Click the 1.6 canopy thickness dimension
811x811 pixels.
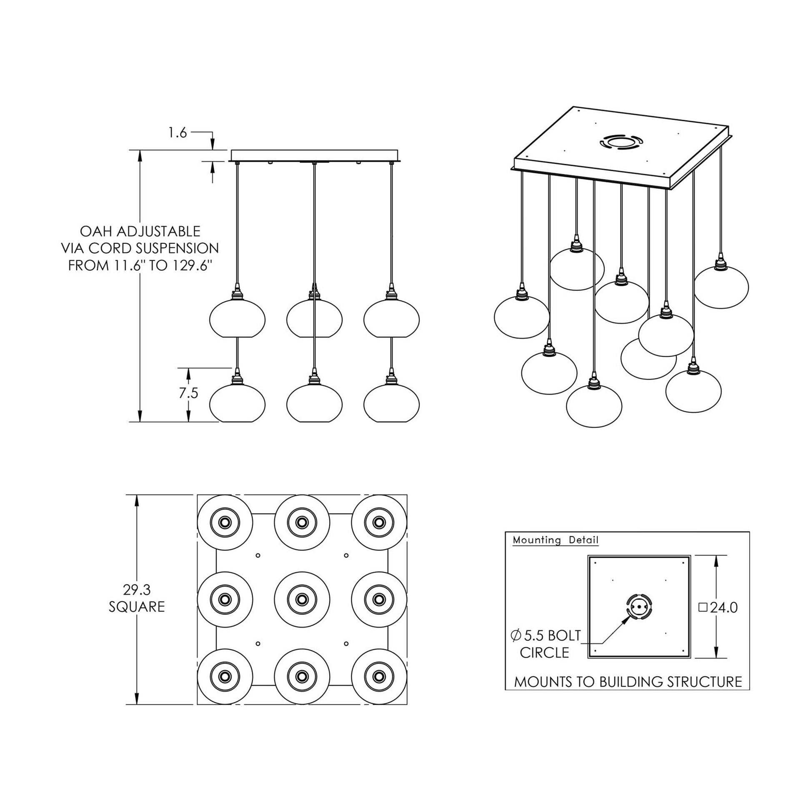pyautogui.click(x=177, y=133)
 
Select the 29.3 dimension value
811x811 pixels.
pyautogui.click(x=137, y=590)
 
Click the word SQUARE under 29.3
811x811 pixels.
pyautogui.click(x=137, y=607)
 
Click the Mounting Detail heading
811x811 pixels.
pyautogui.click(x=556, y=540)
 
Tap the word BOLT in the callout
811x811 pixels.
pyautogui.click(x=564, y=636)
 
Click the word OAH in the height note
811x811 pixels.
pyautogui.click(x=96, y=231)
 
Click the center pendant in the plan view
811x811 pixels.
pyautogui.click(x=301, y=599)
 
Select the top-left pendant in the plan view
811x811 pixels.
pyautogui.click(x=225, y=523)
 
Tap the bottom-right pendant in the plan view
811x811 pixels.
pyautogui.click(x=379, y=677)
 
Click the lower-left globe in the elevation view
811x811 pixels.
pyautogui.click(x=237, y=403)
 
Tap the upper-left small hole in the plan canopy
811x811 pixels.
pyautogui.click(x=258, y=556)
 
